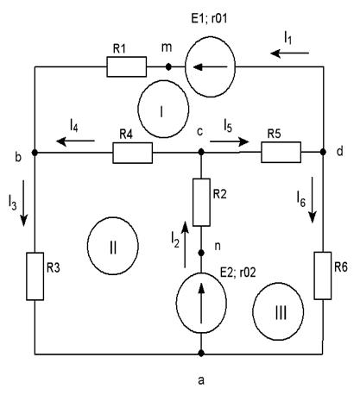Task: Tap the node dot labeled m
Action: tap(169, 67)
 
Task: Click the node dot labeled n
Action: tap(201, 253)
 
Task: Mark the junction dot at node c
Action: tap(201, 152)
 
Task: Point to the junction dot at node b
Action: tap(35, 153)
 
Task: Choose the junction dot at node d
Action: tap(323, 152)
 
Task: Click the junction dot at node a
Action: tap(201, 353)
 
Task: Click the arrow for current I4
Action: tap(75, 141)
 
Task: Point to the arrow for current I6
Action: tap(313, 200)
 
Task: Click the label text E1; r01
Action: tap(209, 18)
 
